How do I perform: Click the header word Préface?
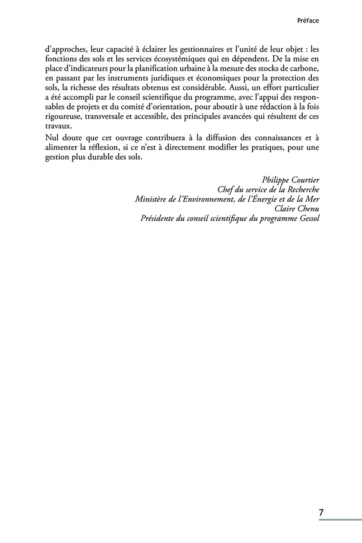coord(308,20)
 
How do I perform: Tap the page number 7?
coord(321,513)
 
